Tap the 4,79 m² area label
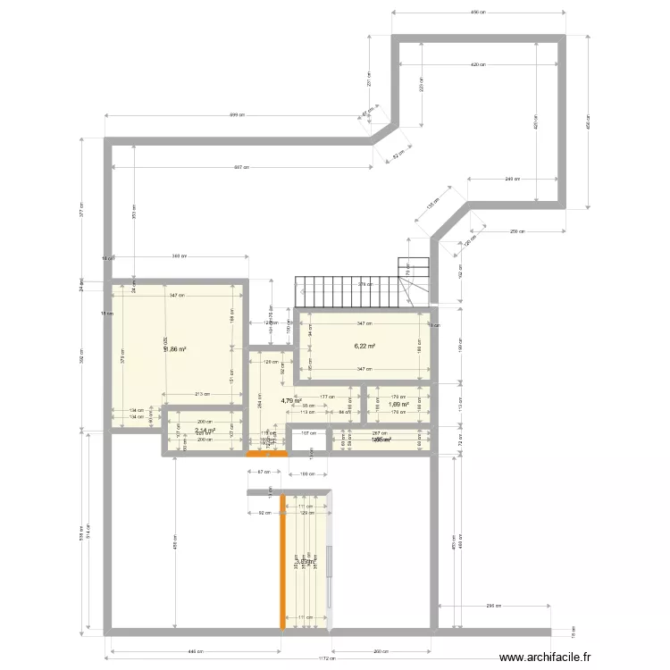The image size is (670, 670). tap(291, 401)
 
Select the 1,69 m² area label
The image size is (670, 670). tap(398, 404)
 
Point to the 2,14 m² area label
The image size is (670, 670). tap(205, 431)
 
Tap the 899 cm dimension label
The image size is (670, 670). tap(237, 115)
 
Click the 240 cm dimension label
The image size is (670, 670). tap(511, 179)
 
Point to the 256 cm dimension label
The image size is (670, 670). tap(517, 231)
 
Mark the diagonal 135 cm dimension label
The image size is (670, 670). tap(433, 206)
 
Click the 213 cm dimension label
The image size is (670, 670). tap(202, 393)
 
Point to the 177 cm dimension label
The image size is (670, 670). tap(326, 397)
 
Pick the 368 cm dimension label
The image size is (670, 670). tap(178, 257)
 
